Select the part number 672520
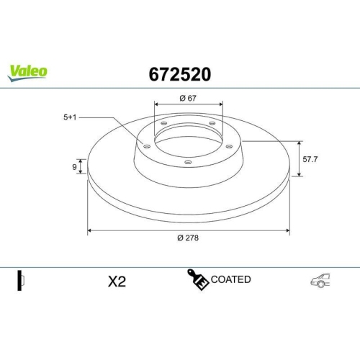click(179, 73)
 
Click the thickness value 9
click(75, 167)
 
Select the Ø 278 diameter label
click(189, 240)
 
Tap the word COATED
click(230, 279)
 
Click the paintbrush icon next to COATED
click(198, 280)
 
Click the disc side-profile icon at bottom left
click(20, 279)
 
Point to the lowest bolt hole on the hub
click(188, 162)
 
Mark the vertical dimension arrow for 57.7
click(299, 158)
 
